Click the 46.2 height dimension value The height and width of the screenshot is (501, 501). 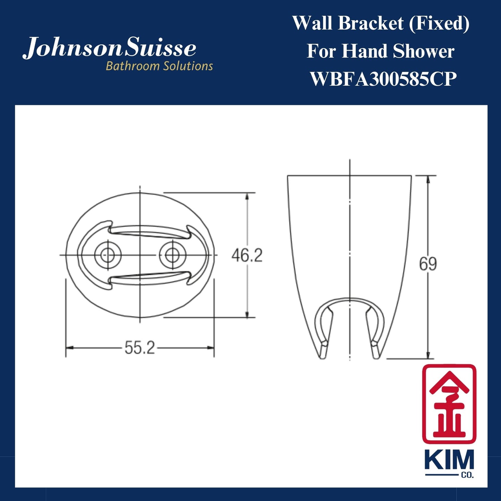click(x=247, y=256)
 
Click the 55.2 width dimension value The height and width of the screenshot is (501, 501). click(x=140, y=347)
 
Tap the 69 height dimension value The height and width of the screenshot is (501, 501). click(x=428, y=264)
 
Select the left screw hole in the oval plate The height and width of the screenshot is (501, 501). click(x=108, y=256)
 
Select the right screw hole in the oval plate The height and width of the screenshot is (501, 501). click(x=172, y=256)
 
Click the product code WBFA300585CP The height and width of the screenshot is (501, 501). click(x=383, y=79)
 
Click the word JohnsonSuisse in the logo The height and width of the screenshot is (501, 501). click(x=110, y=48)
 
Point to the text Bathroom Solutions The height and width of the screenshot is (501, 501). click(x=159, y=66)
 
